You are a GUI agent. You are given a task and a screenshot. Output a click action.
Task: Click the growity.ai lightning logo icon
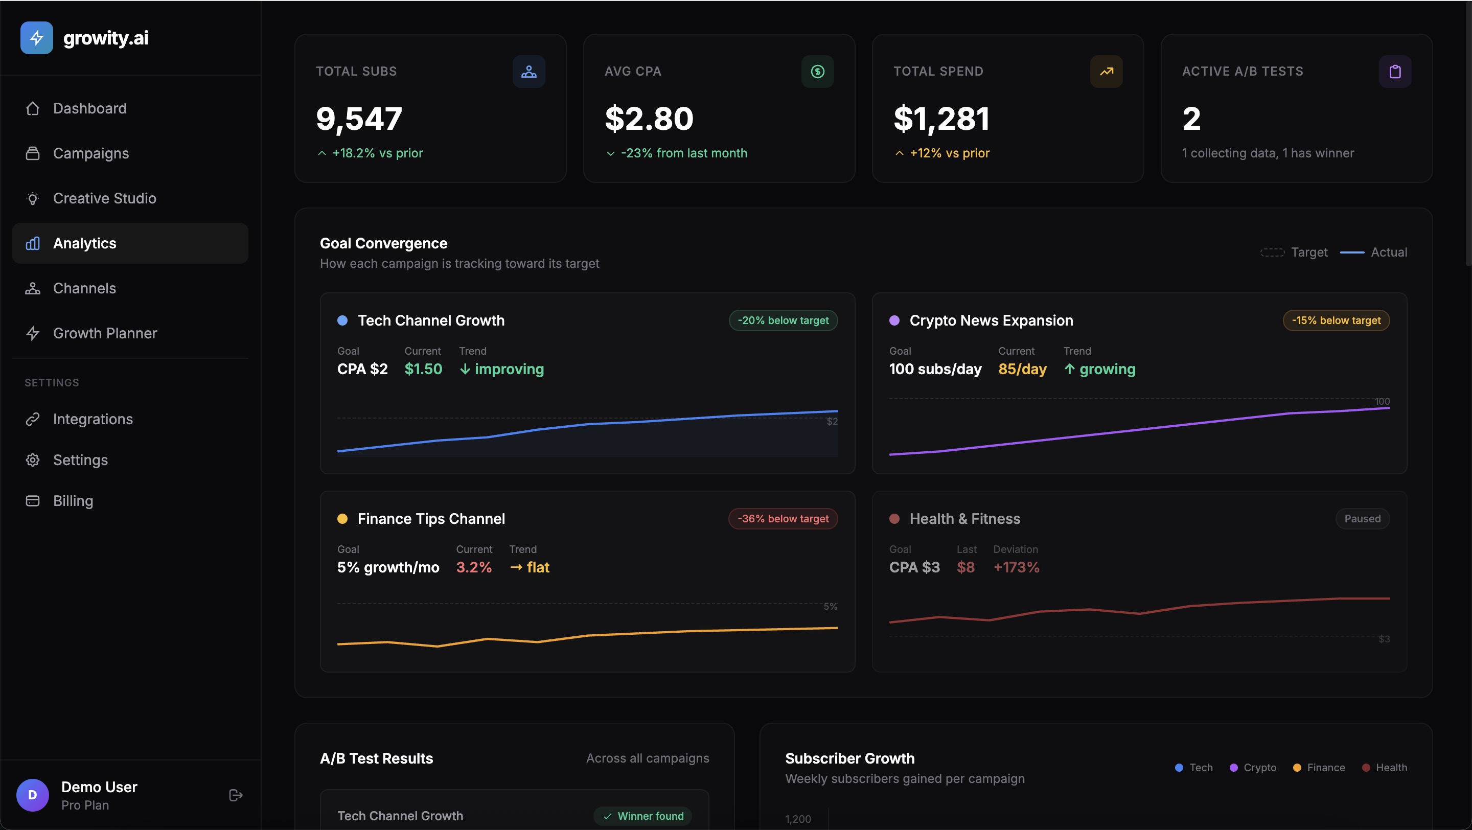click(37, 38)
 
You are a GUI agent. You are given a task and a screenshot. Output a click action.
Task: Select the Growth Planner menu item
click(105, 333)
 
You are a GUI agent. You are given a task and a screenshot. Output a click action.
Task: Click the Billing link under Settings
click(73, 501)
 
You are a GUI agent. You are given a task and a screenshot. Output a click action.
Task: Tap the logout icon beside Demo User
click(236, 795)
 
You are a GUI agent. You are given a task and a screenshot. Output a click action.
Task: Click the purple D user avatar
click(33, 795)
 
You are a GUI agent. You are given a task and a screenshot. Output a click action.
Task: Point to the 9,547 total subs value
click(359, 119)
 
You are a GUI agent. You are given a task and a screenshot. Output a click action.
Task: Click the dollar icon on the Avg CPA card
click(817, 72)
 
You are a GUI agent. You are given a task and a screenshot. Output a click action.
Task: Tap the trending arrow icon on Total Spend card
click(1106, 72)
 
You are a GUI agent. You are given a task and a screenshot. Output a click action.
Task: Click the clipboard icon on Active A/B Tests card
click(1395, 72)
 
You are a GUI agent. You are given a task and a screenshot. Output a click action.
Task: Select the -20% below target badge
click(783, 320)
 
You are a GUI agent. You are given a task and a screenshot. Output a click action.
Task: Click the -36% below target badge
click(783, 519)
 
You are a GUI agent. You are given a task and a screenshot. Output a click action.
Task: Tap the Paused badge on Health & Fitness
click(1362, 519)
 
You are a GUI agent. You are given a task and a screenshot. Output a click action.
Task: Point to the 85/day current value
click(1022, 369)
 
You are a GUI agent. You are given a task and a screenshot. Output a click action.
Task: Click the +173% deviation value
click(1016, 567)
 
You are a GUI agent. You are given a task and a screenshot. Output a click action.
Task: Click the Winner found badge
click(643, 816)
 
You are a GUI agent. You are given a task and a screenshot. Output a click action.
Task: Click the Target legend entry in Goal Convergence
click(1294, 252)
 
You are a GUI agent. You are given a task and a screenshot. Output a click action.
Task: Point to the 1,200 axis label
click(798, 819)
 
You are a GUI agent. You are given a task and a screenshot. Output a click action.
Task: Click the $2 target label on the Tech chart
click(832, 422)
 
